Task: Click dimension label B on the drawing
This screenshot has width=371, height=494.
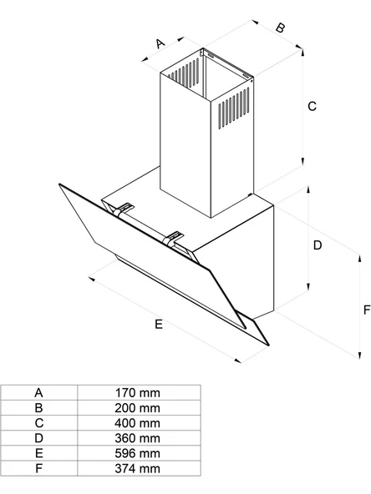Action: coord(280,28)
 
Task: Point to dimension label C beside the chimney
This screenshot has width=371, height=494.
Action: coord(312,106)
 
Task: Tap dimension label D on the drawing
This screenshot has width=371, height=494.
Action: coord(318,245)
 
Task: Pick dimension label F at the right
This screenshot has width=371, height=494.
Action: coord(366,309)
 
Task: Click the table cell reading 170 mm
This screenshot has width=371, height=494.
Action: coord(138,392)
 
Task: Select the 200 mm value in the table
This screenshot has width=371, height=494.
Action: coord(138,407)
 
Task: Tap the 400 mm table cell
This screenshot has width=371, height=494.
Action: coord(138,422)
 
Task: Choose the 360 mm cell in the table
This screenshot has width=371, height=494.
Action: coord(138,438)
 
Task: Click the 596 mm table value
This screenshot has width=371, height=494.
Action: coord(138,453)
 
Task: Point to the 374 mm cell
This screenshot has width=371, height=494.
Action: coord(138,468)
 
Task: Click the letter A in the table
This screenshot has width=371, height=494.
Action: coord(38,392)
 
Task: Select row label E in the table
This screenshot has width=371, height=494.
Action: coord(38,453)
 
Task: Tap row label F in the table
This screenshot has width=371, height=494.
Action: coord(38,468)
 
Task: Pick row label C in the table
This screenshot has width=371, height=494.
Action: coord(38,422)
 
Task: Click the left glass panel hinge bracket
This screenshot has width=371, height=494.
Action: coord(125,208)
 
